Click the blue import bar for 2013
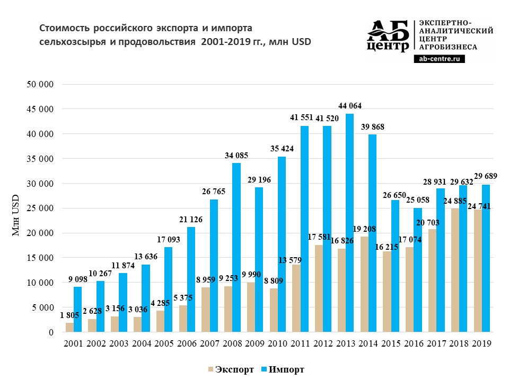pyautogui.click(x=349, y=222)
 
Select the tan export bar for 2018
pyautogui.click(x=454, y=270)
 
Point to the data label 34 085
pyautogui.click(x=236, y=155)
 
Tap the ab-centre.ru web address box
pyautogui.click(x=439, y=60)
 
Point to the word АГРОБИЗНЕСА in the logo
pyautogui.click(x=448, y=47)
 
